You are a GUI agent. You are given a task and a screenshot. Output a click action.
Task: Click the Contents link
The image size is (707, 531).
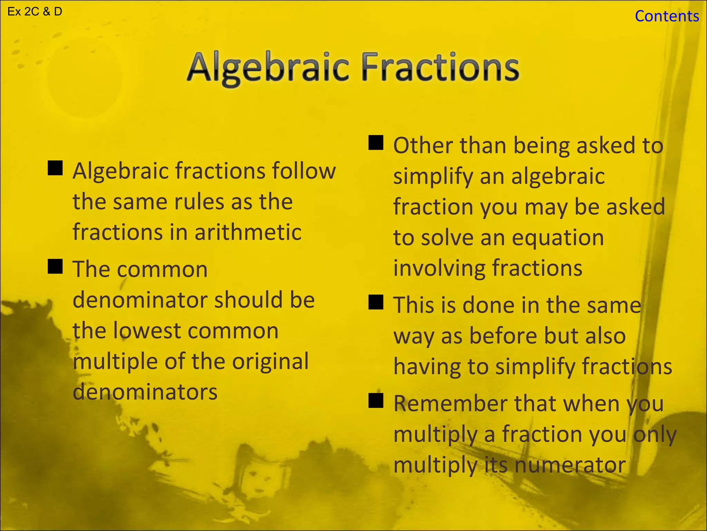667,16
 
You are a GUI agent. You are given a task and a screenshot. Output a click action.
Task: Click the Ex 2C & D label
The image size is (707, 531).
35,12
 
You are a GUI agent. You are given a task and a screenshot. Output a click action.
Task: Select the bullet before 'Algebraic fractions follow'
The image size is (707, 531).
55,168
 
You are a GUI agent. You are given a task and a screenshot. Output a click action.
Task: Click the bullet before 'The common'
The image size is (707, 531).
55,267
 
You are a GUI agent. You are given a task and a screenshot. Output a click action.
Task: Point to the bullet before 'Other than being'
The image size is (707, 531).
376,142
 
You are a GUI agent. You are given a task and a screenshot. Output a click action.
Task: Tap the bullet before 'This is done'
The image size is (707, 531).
376,302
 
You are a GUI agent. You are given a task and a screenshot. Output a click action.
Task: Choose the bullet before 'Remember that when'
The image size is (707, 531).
376,401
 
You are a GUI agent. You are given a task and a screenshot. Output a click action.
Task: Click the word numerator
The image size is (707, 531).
570,465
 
